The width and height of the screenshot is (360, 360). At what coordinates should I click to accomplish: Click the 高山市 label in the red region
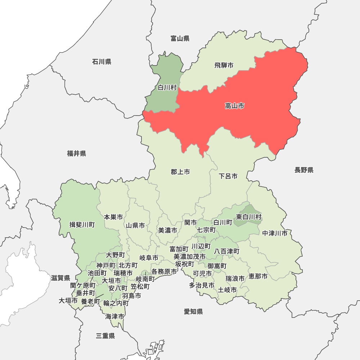pyautogui.click(x=234, y=106)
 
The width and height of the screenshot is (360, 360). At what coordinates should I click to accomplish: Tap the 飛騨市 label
pyautogui.click(x=224, y=65)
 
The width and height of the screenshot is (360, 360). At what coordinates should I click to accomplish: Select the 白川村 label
pyautogui.click(x=167, y=87)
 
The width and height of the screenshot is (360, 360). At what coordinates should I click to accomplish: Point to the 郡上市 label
pyautogui.click(x=180, y=172)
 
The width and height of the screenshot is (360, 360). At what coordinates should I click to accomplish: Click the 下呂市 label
pyautogui.click(x=228, y=176)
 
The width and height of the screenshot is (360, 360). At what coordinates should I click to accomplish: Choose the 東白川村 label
pyautogui.click(x=249, y=217)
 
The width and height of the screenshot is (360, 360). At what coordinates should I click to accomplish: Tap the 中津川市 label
pyautogui.click(x=275, y=233)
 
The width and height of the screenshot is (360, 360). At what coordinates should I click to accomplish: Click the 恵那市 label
pyautogui.click(x=258, y=276)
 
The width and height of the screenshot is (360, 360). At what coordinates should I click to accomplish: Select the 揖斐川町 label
pyautogui.click(x=82, y=225)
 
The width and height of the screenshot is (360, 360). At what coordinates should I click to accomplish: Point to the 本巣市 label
pyautogui.click(x=113, y=217)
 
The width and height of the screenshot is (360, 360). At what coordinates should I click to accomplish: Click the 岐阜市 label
pyautogui.click(x=149, y=258)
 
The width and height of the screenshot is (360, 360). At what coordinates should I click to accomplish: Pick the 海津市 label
pyautogui.click(x=115, y=316)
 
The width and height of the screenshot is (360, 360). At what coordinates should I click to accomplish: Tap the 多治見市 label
pyautogui.click(x=202, y=285)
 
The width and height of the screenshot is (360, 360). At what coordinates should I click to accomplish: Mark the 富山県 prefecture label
pyautogui.click(x=180, y=39)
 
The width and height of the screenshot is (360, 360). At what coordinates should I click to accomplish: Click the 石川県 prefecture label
pyautogui.click(x=102, y=62)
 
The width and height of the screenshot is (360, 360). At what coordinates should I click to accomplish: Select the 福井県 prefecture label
pyautogui.click(x=76, y=154)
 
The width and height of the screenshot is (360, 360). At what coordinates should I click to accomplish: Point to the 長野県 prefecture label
pyautogui.click(x=304, y=170)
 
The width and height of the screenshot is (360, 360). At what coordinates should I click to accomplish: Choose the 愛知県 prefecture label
pyautogui.click(x=193, y=311)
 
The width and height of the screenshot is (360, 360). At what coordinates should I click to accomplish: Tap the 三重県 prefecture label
pyautogui.click(x=105, y=336)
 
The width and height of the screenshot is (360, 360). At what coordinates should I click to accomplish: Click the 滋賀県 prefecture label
pyautogui.click(x=60, y=278)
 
